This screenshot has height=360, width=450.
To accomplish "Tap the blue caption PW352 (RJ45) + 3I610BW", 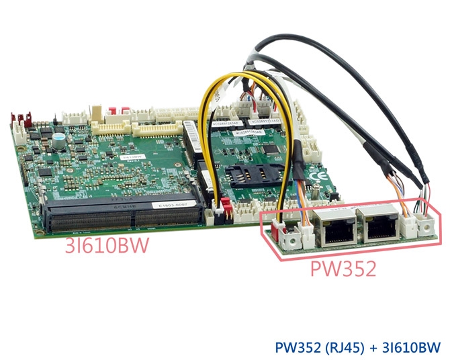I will (x=357, y=347).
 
